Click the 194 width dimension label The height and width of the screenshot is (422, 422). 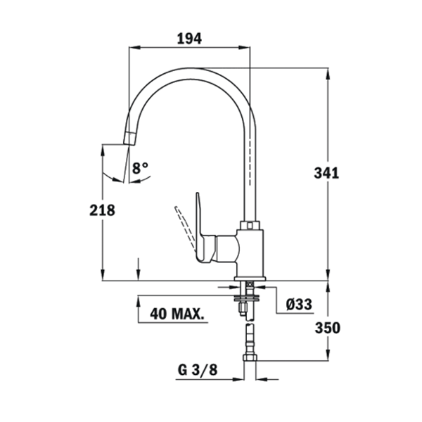pos(189,39)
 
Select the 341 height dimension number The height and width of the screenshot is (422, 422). pos(326,173)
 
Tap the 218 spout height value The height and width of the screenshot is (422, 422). pos(102,210)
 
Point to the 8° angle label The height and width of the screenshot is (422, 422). pos(140,168)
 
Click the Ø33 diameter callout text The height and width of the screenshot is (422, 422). pos(299,305)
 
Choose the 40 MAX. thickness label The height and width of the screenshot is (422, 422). pos(177,314)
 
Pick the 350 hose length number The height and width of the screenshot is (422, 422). pos(328,328)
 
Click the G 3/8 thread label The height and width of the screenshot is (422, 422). pos(198,370)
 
